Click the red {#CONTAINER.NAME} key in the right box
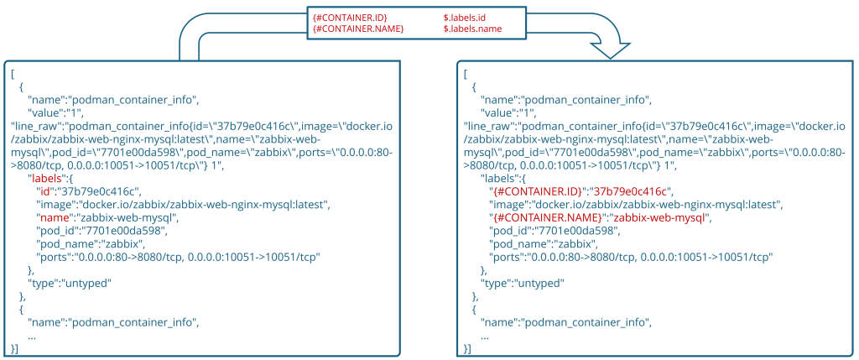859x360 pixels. (543, 218)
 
